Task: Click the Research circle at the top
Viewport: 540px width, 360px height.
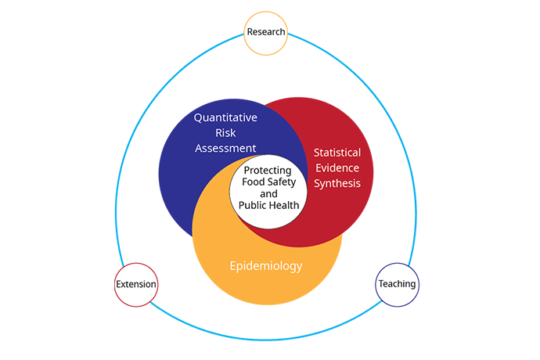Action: [265, 33]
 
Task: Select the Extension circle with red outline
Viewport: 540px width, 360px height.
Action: [136, 285]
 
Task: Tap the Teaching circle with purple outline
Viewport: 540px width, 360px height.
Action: [397, 285]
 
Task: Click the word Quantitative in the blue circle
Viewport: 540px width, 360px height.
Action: [225, 118]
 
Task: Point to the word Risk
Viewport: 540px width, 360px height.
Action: [225, 132]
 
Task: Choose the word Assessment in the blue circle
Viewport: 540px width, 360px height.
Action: [225, 148]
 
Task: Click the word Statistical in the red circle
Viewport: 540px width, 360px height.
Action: [337, 153]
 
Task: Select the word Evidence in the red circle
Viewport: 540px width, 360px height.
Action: [337, 167]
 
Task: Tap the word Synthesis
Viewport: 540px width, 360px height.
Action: [337, 183]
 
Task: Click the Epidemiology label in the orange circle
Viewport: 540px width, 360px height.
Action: [266, 266]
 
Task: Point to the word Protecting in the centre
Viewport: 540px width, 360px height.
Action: [268, 171]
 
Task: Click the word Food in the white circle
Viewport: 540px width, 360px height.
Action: [253, 182]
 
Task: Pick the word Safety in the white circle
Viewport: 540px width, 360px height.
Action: [282, 182]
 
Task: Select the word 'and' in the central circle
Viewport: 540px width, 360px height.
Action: [268, 193]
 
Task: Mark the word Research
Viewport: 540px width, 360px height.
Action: [266, 31]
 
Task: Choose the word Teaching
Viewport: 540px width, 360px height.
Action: [397, 284]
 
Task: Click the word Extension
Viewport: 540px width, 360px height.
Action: [136, 284]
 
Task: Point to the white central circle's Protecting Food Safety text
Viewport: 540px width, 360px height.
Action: [268, 176]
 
